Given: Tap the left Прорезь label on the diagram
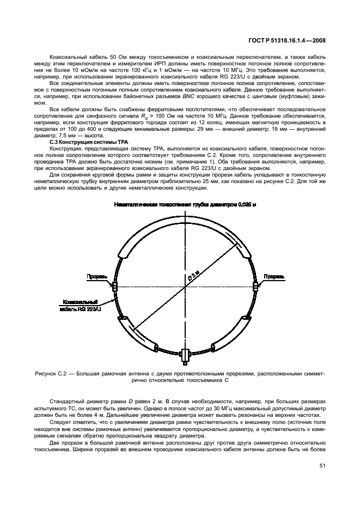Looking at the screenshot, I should click(96, 276).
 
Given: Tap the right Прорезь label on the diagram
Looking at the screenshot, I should click(274, 276).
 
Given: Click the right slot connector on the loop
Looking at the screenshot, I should click(255, 284).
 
